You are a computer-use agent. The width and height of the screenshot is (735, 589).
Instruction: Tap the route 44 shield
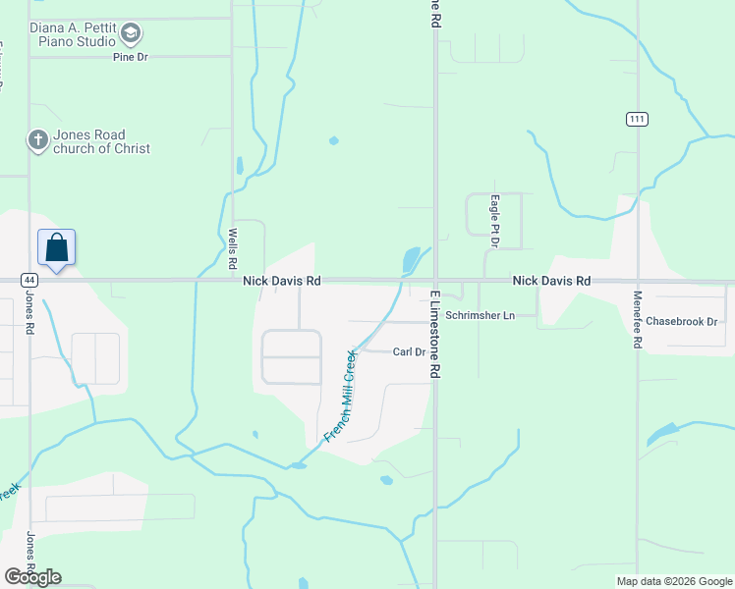coord(29,280)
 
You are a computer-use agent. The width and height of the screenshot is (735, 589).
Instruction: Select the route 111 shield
coord(638,119)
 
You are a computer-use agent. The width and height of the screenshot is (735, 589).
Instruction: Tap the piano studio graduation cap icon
coord(130,34)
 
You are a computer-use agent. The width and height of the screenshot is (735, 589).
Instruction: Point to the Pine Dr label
coord(129,58)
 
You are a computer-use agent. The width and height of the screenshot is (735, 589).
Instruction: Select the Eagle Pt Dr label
coord(495,214)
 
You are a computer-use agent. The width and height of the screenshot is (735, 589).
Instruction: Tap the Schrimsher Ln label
coord(480,316)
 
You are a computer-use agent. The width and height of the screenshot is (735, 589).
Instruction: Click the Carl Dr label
coord(408,351)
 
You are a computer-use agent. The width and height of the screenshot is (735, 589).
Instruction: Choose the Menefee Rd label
coord(638,321)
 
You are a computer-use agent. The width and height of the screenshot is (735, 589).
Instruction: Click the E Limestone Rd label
coord(432,334)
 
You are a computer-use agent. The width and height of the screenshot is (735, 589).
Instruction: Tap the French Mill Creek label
coord(340,397)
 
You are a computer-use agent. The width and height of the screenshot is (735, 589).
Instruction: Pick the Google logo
coord(32,577)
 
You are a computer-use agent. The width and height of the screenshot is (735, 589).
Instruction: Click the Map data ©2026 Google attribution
coord(674,581)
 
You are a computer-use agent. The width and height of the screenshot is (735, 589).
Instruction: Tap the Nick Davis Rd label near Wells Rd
coord(282,281)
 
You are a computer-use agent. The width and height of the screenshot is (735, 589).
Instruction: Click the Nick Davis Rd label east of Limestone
coord(550,281)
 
